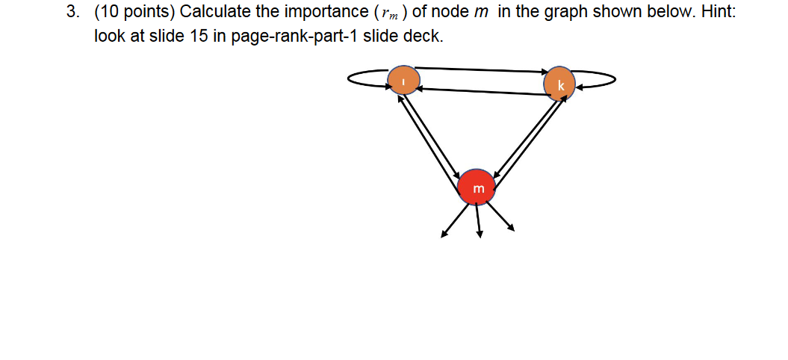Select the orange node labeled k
(x=559, y=84)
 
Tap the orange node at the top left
(x=403, y=81)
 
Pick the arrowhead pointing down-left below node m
(x=444, y=235)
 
